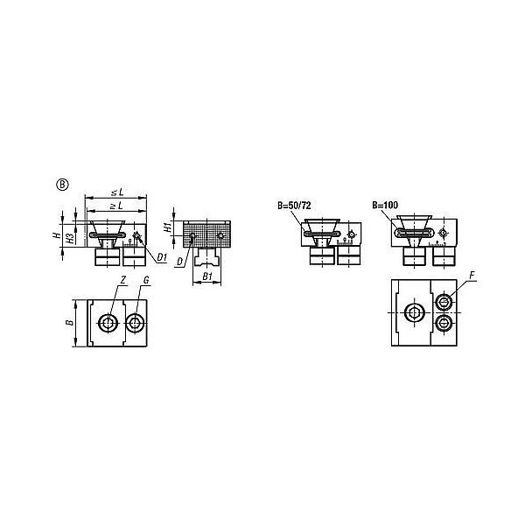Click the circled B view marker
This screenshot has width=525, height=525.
tap(62, 185)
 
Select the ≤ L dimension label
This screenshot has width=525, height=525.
tap(117, 192)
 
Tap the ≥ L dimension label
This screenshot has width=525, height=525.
tap(116, 206)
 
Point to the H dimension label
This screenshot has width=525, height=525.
tap(57, 235)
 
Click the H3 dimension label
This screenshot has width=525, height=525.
tap(70, 237)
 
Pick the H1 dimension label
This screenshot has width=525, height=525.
tap(168, 227)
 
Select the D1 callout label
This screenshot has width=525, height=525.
tap(162, 257)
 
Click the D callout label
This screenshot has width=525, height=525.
tap(180, 262)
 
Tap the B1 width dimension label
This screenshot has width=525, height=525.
tap(207, 276)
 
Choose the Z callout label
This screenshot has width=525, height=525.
tap(122, 280)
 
